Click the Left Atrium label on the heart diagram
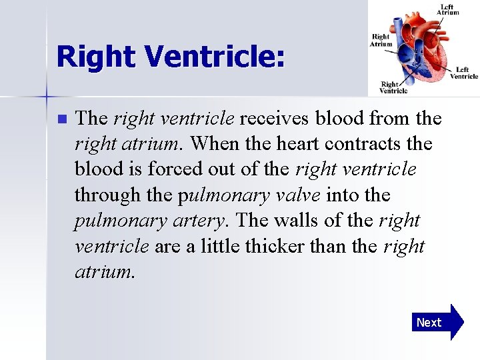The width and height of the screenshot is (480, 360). (x=447, y=9)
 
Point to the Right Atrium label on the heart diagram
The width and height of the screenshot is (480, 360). (x=380, y=41)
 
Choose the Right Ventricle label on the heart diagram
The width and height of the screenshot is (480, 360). (x=393, y=87)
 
